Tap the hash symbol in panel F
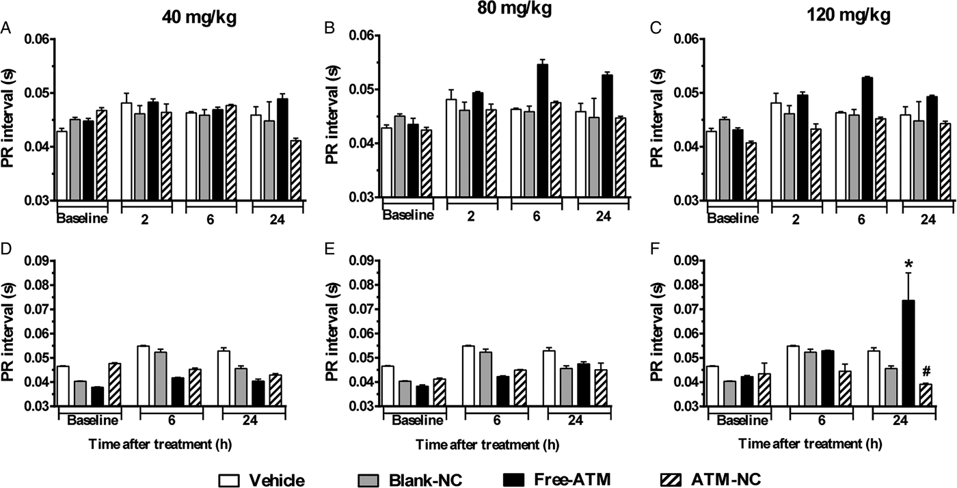907,371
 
